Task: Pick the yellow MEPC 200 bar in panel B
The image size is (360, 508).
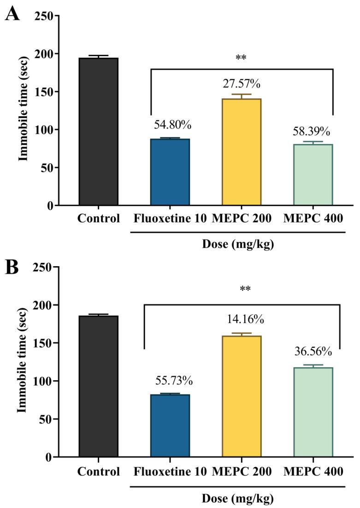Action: tap(242, 396)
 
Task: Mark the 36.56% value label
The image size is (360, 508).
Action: tap(313, 351)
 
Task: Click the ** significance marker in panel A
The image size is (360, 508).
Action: tap(241, 58)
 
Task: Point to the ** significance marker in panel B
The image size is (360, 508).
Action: tap(241, 289)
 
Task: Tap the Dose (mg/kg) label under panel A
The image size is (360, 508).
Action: tap(238, 244)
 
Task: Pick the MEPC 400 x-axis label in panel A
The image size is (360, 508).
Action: tap(313, 218)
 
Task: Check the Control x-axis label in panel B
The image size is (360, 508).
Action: tap(98, 472)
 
